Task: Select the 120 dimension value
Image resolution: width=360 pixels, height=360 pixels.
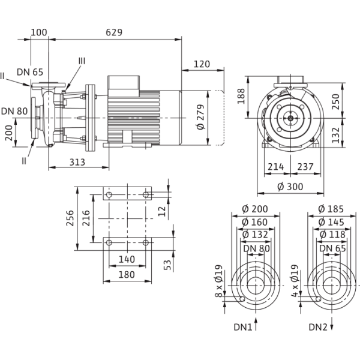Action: pyautogui.click(x=203, y=63)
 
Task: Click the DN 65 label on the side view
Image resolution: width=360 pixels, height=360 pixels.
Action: pyautogui.click(x=30, y=72)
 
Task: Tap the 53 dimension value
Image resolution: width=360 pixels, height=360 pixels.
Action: pyautogui.click(x=169, y=263)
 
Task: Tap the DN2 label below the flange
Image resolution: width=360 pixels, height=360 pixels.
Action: pyautogui.click(x=317, y=328)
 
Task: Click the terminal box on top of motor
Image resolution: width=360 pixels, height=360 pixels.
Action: pyautogui.click(x=124, y=83)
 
